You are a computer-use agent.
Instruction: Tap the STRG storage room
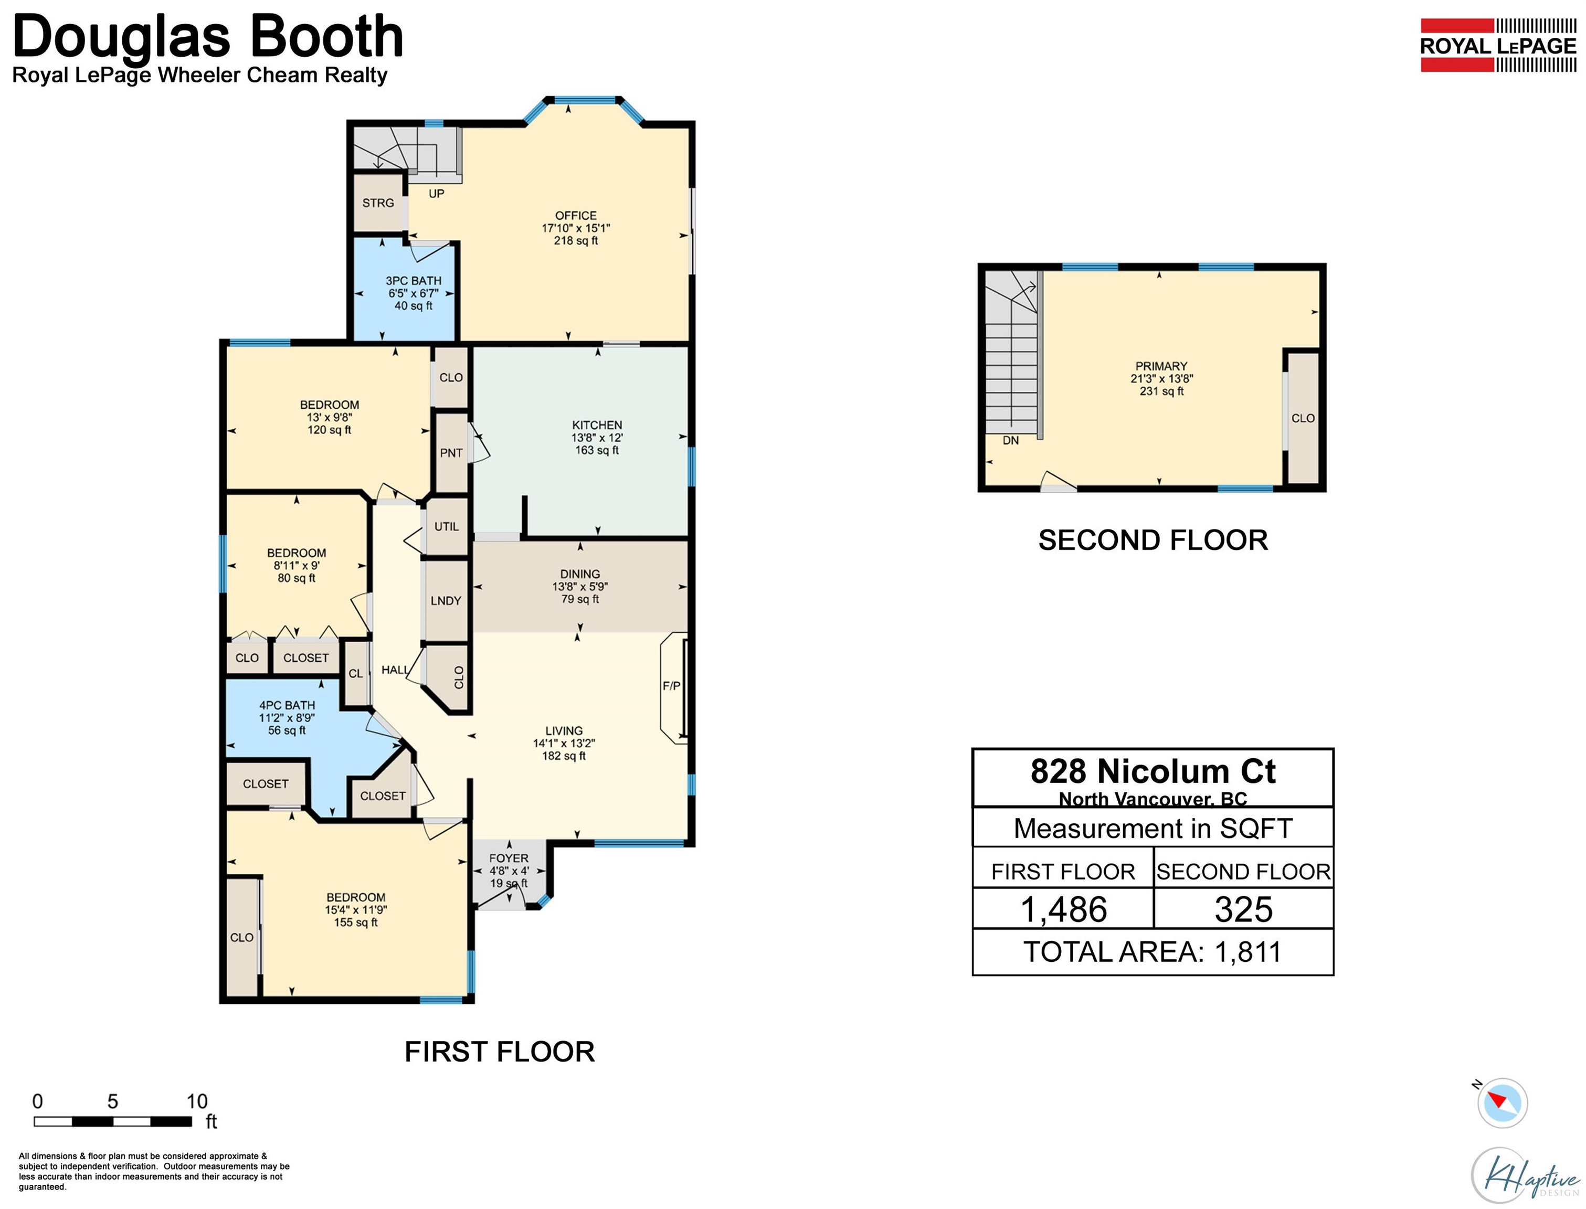click(378, 203)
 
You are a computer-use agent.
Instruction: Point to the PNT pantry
click(451, 452)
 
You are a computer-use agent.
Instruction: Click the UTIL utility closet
click(446, 526)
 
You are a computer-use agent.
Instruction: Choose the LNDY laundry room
click(446, 600)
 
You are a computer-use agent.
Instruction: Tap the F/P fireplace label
click(671, 686)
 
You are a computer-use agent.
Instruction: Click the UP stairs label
click(437, 194)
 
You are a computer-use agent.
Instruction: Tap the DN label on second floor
click(1010, 440)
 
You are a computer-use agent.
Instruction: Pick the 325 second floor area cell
click(1243, 908)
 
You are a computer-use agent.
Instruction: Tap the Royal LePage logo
click(1498, 45)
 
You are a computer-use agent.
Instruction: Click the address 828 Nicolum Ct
click(1153, 771)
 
